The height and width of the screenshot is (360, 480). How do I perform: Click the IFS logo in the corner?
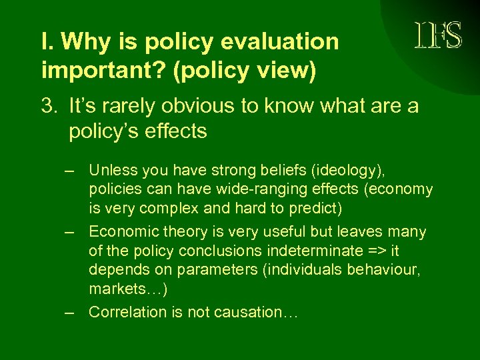coord(438,35)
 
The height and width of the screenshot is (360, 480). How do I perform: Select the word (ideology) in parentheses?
coord(339,170)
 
